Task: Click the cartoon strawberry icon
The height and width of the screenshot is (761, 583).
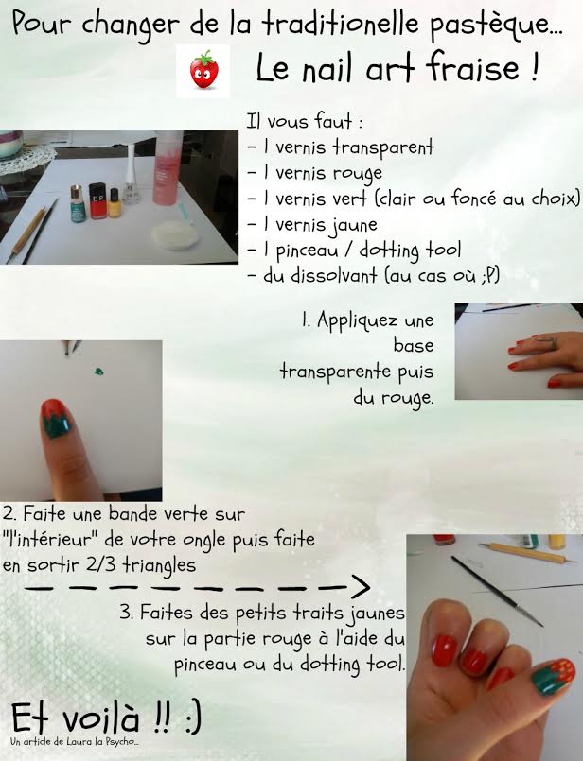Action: coord(203,70)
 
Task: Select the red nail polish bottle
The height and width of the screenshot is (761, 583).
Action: coord(97,201)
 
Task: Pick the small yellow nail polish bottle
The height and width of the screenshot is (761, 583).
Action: coord(115,203)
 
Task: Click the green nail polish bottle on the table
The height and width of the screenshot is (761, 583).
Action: coord(78,204)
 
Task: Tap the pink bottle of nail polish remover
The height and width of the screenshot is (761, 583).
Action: coord(168,167)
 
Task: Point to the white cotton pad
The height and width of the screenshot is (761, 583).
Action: coord(175,235)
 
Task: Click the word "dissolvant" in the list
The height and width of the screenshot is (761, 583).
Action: coord(334,276)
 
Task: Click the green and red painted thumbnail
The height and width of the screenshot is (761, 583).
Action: coord(56,419)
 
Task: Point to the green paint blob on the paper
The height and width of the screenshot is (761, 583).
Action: coord(98,372)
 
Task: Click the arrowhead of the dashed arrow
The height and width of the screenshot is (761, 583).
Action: coord(360,587)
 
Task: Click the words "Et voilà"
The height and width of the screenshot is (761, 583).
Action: coord(76,718)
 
